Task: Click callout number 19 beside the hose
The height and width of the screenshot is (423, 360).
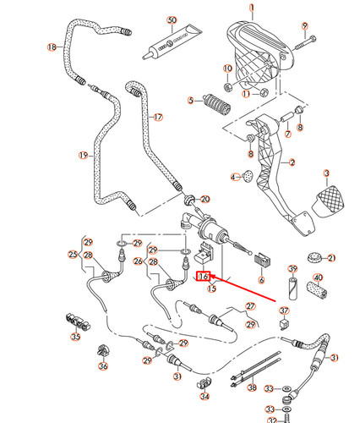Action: [83, 155]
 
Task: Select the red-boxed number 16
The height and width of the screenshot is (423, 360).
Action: [203, 276]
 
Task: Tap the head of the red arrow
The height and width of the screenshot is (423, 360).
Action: [211, 276]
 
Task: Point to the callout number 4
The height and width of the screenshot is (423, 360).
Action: [234, 177]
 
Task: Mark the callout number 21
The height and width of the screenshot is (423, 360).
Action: [331, 257]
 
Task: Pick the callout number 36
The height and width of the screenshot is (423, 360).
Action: [103, 365]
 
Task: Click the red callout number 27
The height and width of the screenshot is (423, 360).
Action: [249, 305]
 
